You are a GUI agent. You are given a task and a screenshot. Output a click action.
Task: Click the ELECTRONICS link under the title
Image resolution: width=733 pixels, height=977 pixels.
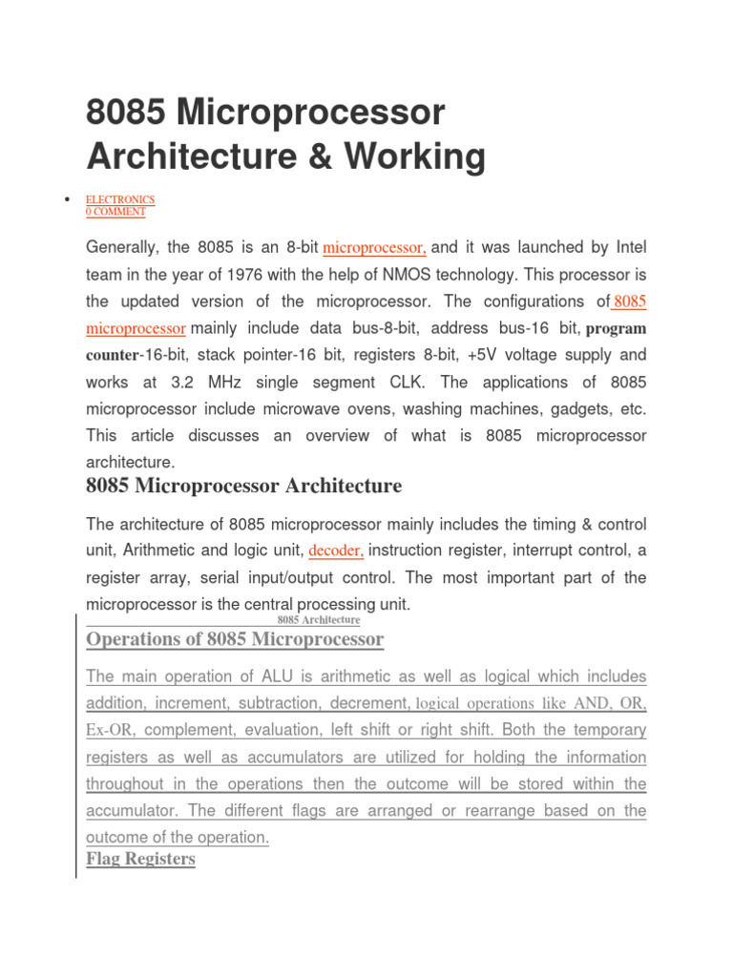120,199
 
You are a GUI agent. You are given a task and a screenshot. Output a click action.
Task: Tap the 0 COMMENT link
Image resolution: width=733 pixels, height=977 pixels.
115,211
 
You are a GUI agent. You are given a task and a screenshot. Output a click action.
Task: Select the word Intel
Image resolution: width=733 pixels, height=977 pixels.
627,248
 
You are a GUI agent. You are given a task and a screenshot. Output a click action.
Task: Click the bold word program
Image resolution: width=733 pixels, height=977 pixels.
616,328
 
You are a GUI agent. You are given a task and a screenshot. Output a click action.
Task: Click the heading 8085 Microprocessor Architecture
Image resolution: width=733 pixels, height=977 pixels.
243,487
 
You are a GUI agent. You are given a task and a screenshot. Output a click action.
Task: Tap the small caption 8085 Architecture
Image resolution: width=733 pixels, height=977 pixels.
318,620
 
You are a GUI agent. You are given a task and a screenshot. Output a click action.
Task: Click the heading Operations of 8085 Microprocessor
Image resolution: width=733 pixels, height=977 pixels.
235,639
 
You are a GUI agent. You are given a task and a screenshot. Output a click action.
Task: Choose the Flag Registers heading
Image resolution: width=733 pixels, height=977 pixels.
140,859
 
